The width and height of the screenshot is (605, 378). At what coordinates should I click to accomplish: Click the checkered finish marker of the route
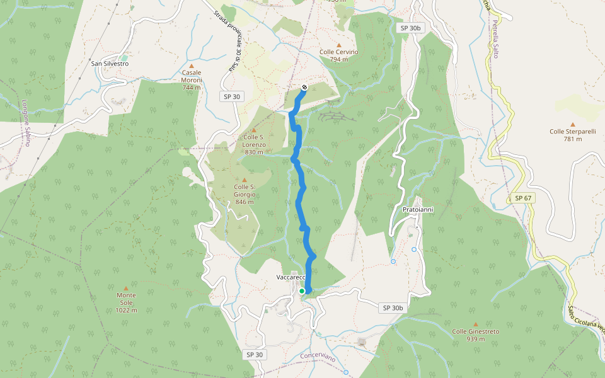(x=304, y=88)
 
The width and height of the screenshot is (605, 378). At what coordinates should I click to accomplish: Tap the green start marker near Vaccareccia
(x=302, y=290)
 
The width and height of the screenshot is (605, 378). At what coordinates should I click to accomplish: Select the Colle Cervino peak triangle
(x=339, y=45)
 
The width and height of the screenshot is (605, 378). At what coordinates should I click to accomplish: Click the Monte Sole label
(x=126, y=302)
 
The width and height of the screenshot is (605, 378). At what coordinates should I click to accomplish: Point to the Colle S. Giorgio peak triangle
(x=245, y=180)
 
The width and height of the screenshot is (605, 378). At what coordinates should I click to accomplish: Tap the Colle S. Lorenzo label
(x=254, y=144)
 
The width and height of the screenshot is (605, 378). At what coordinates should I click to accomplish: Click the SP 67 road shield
(x=523, y=198)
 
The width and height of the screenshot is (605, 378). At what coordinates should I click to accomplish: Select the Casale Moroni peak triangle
(x=192, y=66)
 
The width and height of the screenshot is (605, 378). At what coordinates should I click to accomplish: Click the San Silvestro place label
(x=110, y=64)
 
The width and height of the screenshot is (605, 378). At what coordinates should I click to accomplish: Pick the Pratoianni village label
(x=418, y=209)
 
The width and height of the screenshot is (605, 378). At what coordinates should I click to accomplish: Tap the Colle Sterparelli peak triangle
(x=572, y=125)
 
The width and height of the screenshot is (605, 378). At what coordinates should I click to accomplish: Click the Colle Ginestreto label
(x=475, y=335)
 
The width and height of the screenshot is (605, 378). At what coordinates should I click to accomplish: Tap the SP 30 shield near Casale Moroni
(x=231, y=96)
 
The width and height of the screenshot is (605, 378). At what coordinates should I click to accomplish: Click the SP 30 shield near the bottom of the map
(x=255, y=355)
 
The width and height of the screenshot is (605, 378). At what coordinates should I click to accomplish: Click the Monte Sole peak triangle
(x=126, y=288)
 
